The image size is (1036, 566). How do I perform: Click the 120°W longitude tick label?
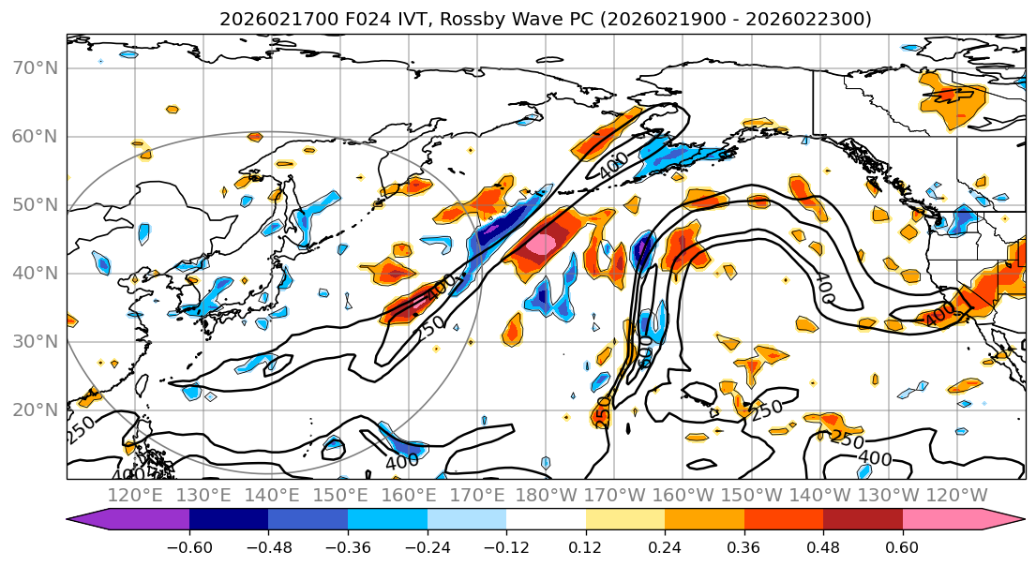click(955, 495)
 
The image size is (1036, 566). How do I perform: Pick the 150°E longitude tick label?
click(340, 495)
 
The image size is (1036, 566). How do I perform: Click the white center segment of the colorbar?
click(546, 520)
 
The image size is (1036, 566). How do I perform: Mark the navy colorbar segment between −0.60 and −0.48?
click(229, 520)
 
